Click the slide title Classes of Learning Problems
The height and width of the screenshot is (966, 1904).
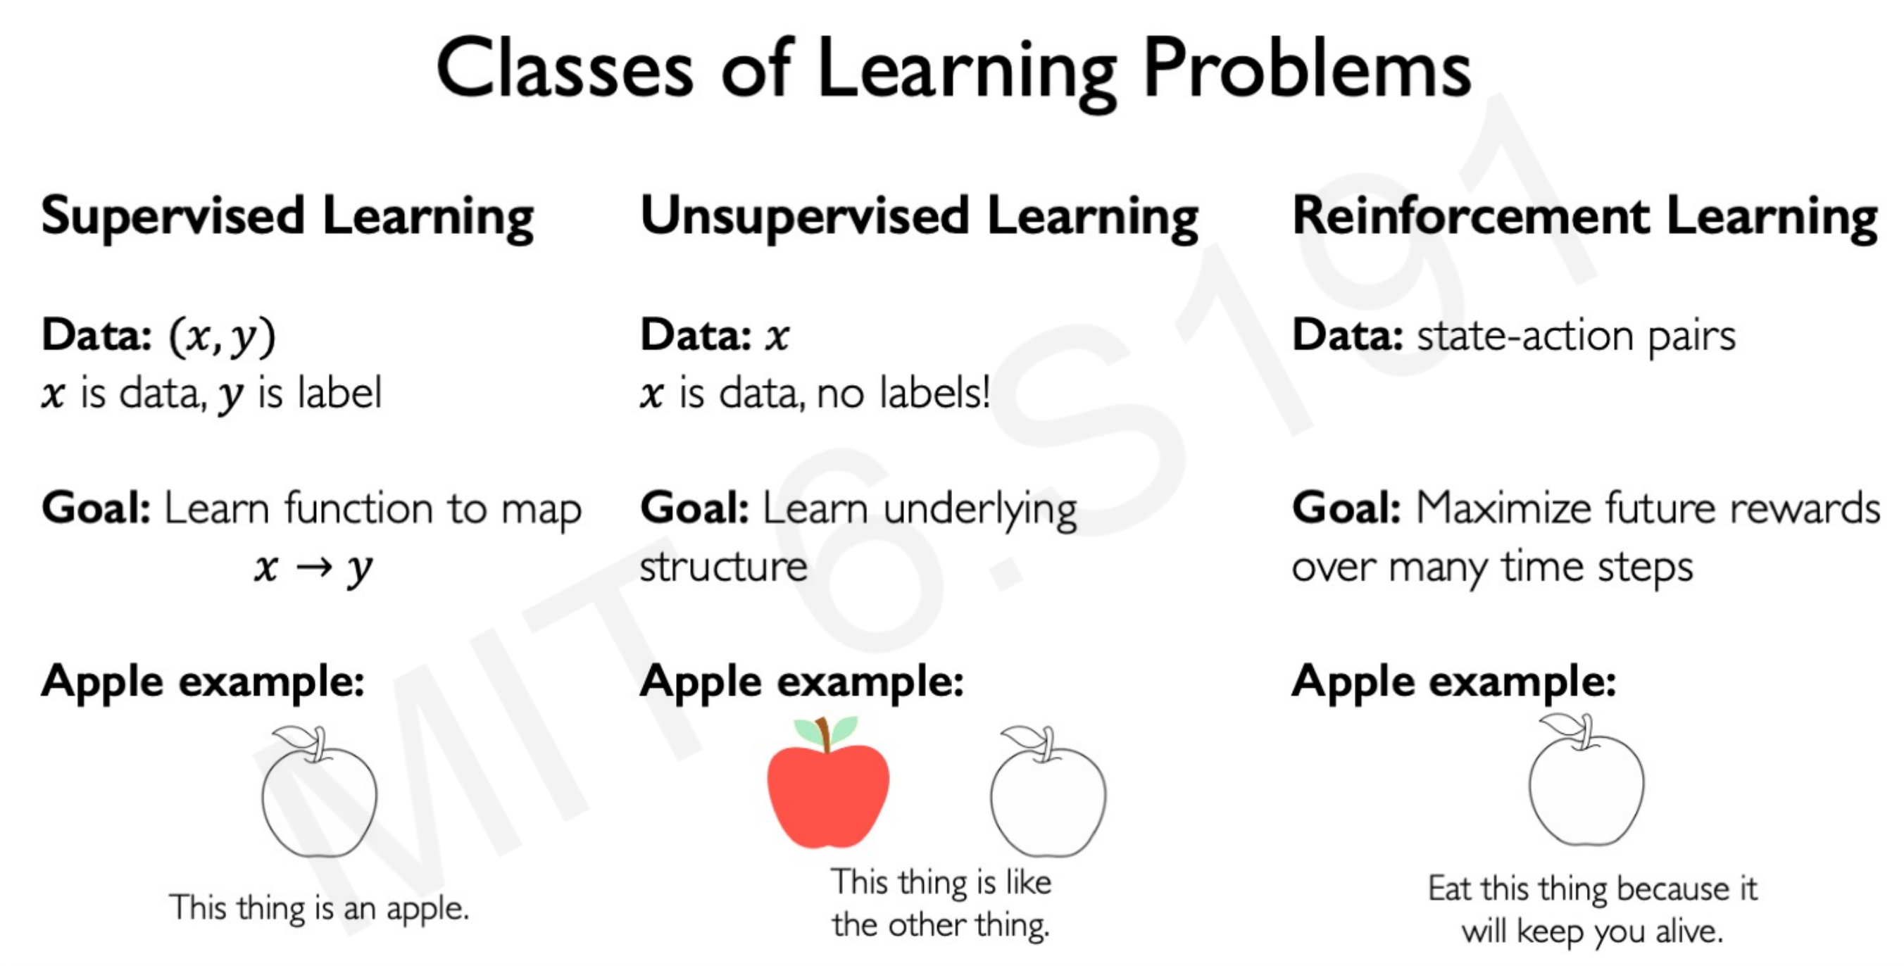(953, 70)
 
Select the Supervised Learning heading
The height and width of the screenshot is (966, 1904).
(287, 218)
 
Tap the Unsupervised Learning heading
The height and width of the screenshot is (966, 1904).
(920, 218)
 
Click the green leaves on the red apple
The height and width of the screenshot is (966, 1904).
(827, 730)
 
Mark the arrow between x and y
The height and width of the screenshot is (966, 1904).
(314, 567)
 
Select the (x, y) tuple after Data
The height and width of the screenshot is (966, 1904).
(222, 337)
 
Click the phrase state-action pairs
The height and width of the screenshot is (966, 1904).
(1576, 337)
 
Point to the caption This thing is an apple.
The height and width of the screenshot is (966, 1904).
(319, 908)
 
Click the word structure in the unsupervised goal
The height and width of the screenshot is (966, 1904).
(724, 567)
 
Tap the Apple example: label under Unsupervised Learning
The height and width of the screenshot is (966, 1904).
(802, 682)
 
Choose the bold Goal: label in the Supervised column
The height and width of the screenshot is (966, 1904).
(96, 508)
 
